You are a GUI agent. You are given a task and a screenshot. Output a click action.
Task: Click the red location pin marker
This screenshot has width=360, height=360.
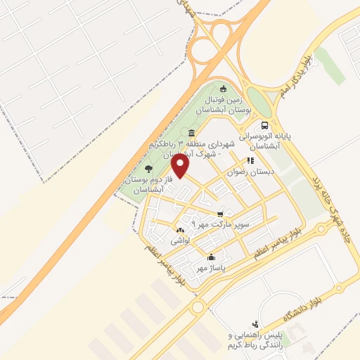[181, 165]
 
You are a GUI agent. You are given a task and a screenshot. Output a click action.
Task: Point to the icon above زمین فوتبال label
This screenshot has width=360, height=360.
[224, 88]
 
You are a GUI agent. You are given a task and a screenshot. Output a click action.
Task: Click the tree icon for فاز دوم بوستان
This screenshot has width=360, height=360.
[148, 168]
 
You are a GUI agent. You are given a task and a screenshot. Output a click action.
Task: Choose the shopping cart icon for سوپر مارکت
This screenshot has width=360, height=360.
[221, 213]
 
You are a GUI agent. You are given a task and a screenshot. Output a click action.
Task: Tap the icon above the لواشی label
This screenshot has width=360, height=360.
[181, 230]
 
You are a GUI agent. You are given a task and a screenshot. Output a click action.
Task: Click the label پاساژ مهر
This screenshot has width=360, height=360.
[210, 267]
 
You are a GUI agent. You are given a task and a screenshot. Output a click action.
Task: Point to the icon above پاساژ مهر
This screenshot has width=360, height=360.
[211, 257]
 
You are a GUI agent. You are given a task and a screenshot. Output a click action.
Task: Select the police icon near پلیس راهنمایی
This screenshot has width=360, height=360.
[255, 325]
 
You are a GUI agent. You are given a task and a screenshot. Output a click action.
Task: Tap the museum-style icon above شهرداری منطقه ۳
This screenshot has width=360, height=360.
[191, 133]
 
